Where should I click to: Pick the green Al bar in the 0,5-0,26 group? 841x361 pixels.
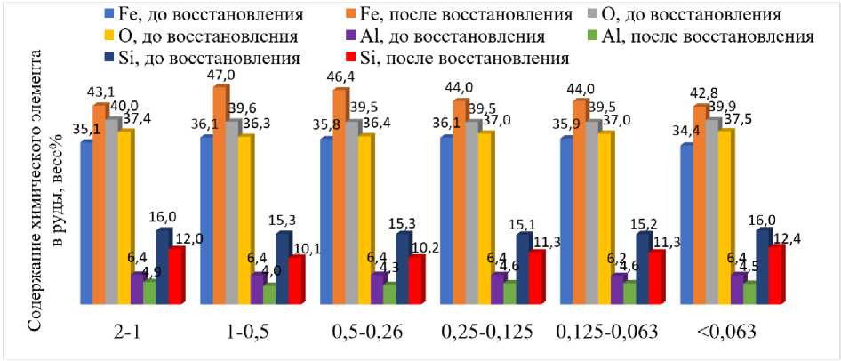(x=389, y=293)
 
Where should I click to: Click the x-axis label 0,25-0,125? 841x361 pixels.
(x=487, y=332)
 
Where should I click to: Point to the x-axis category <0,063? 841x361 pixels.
(x=726, y=332)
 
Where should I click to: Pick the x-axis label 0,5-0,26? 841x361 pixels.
(x=366, y=332)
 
